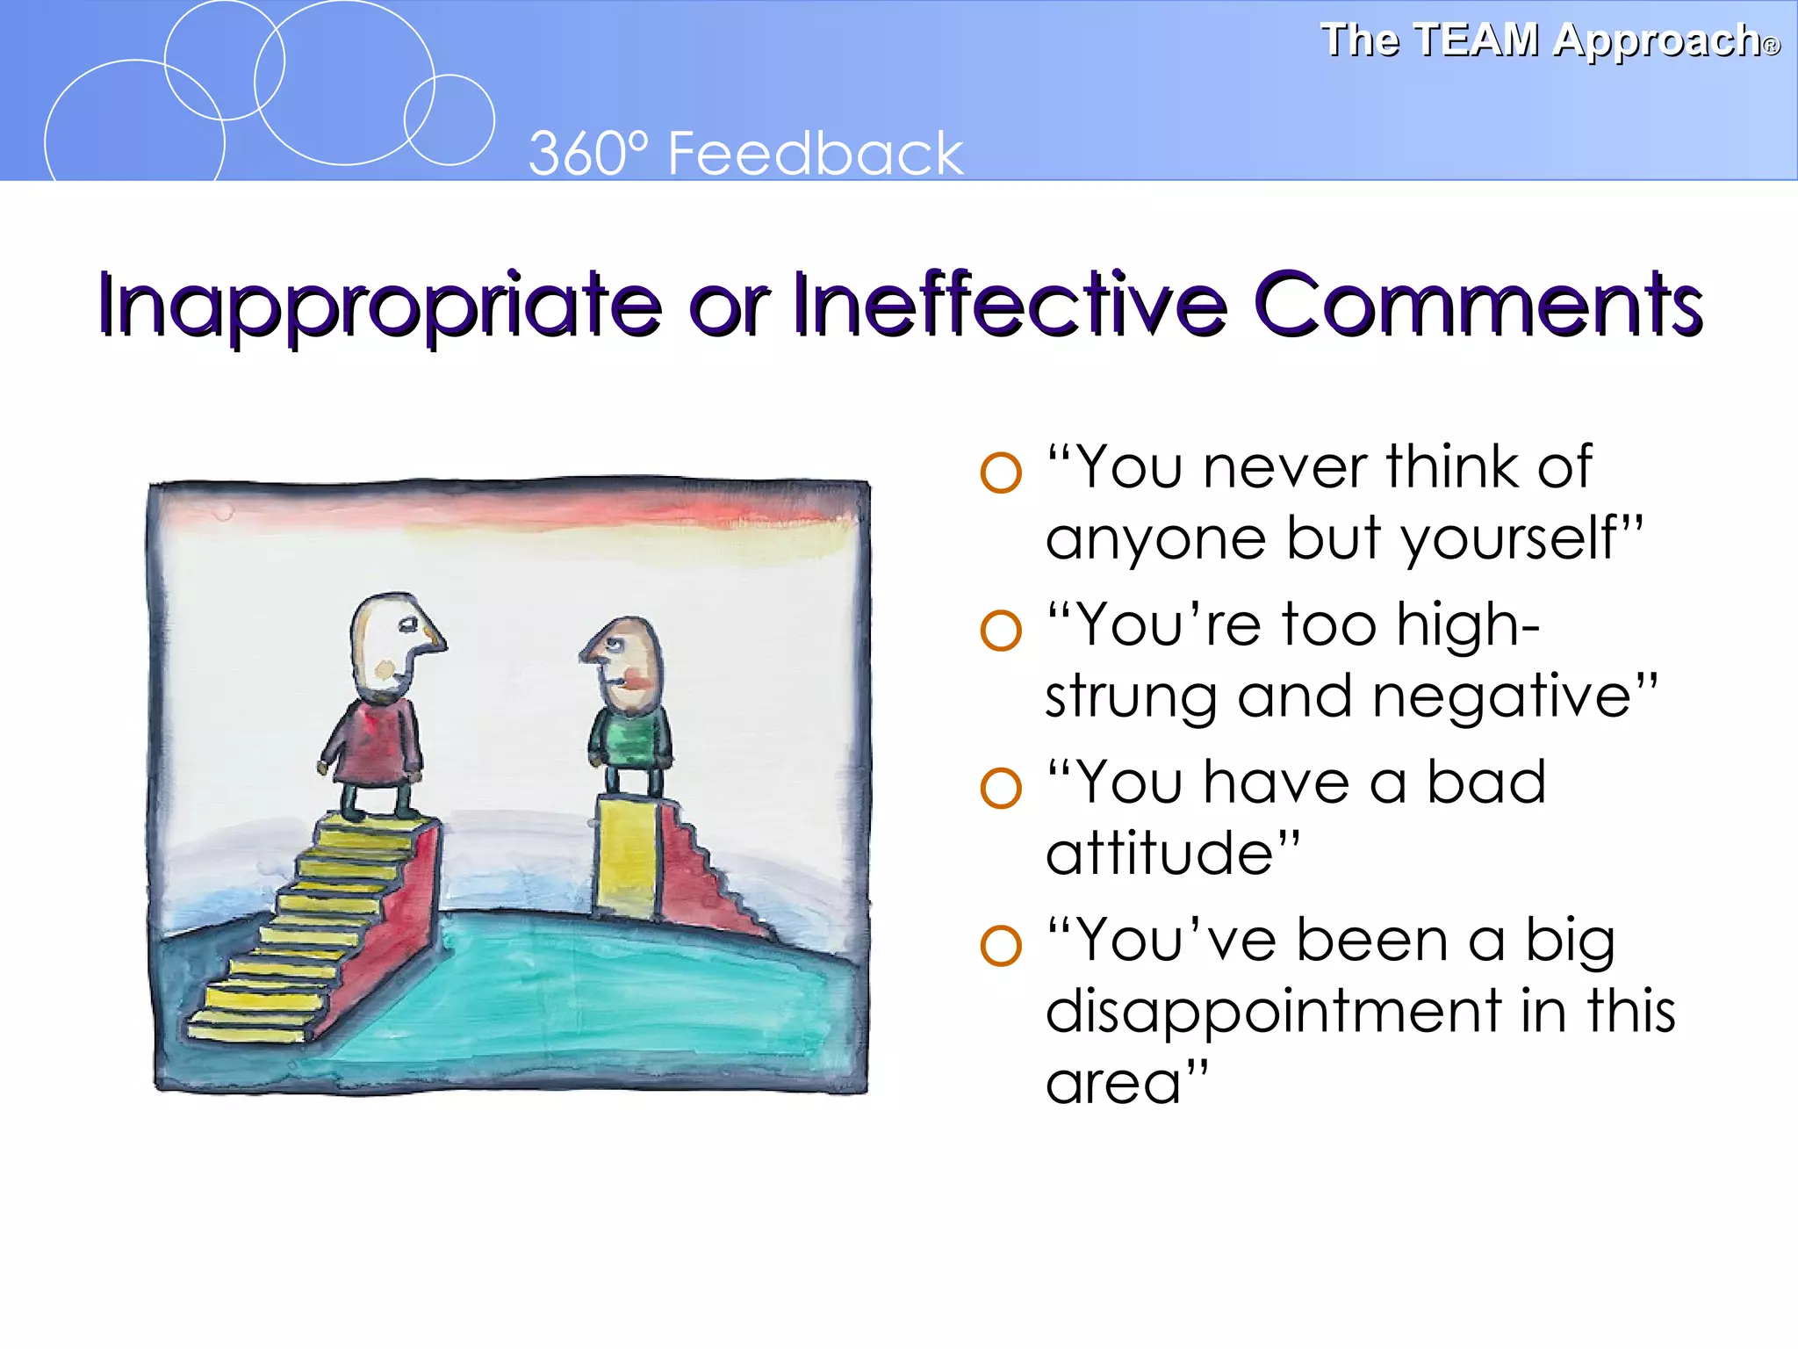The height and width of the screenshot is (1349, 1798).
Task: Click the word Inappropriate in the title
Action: [x=378, y=305]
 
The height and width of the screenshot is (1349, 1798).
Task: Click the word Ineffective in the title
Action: [x=1010, y=305]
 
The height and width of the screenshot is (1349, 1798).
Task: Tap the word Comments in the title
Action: [x=1478, y=305]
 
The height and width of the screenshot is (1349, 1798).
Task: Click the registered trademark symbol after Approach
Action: [x=1772, y=47]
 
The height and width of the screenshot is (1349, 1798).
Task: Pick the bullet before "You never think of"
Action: [x=1001, y=473]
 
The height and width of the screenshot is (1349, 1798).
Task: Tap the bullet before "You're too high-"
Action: [x=1001, y=630]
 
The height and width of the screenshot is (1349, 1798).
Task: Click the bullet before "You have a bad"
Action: [x=1001, y=788]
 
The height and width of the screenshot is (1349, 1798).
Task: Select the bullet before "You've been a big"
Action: [x=1001, y=946]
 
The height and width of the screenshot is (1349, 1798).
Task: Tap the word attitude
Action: [x=1159, y=853]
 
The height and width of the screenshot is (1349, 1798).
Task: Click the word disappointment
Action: [x=1273, y=1012]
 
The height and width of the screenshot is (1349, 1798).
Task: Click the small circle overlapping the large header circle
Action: [x=449, y=120]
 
